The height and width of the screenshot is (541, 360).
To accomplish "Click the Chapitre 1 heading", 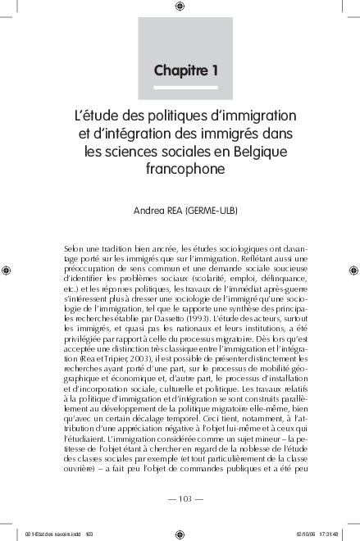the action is pos(185,70).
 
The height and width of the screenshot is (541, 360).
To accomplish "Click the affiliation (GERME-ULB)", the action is pos(212,211).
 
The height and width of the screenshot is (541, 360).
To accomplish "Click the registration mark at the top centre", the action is pos(180,7).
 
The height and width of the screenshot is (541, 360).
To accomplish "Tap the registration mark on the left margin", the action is pos(7,269).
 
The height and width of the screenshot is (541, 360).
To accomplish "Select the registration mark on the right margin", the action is pos(353,269).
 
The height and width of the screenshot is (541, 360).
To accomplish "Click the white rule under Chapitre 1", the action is pos(185,85).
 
